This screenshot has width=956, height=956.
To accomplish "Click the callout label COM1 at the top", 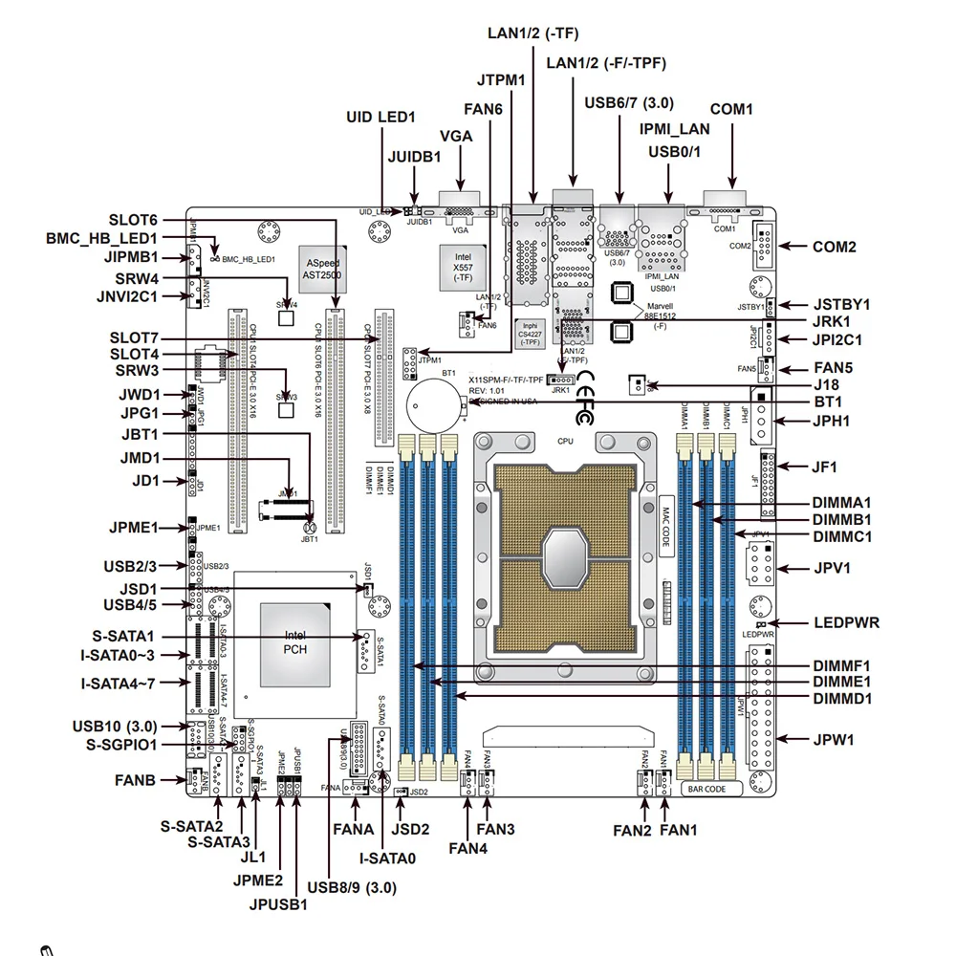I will click(x=731, y=110).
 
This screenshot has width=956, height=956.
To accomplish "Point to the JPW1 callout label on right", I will click(x=833, y=739).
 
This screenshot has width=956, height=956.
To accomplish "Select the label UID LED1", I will click(x=380, y=118).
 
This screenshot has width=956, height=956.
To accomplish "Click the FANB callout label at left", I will click(x=135, y=780).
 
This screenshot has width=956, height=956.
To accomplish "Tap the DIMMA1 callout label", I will click(x=842, y=502).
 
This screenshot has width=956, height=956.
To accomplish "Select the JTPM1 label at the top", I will click(x=501, y=79).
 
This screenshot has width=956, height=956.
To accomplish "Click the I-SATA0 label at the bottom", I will click(x=387, y=858).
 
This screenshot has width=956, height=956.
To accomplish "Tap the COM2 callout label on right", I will click(x=834, y=247).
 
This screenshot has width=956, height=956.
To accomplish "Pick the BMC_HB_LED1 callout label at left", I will click(x=101, y=238).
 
